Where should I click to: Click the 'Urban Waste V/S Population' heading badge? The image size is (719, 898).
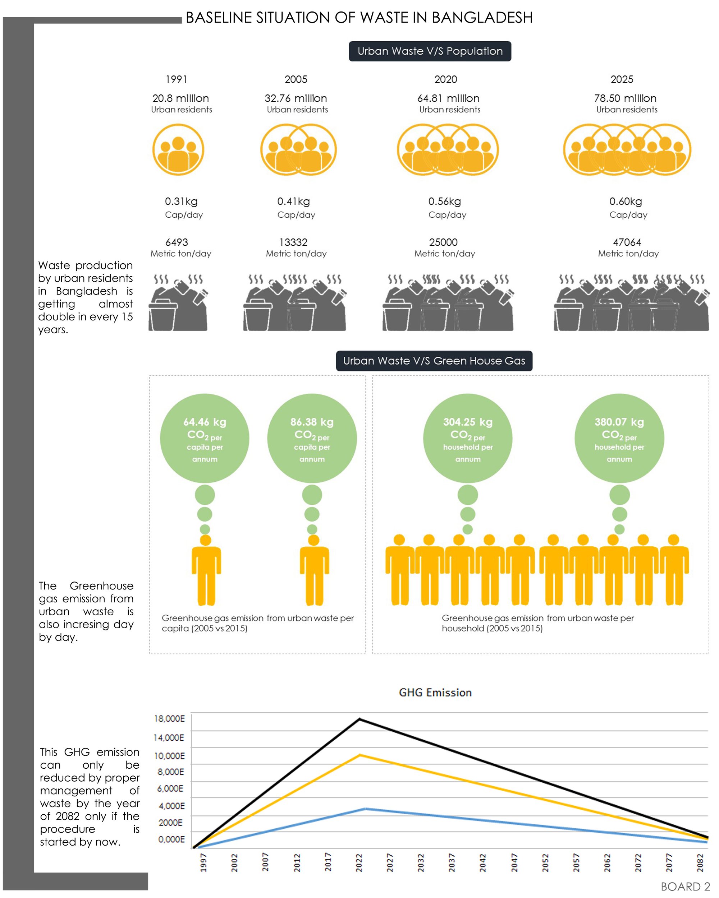coord(430,51)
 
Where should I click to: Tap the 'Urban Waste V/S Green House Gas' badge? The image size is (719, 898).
coord(434,361)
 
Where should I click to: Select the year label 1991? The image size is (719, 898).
coord(176,79)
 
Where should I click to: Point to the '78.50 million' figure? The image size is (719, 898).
coord(625,98)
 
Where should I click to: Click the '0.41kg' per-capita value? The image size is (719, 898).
coord(293,202)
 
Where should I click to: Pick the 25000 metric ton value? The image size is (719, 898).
coord(443,242)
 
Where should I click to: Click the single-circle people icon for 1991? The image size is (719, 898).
coord(178,149)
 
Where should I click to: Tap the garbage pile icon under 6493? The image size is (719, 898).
coord(178,303)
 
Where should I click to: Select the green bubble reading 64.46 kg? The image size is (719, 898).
coord(205,438)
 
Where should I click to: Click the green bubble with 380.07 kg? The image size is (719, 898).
coord(619,438)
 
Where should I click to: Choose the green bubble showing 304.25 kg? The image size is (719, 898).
coord(468,438)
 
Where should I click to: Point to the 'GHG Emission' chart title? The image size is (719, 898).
coord(435,692)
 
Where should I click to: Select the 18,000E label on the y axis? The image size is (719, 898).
coord(169,718)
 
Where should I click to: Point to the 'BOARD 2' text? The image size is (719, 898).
coord(685,887)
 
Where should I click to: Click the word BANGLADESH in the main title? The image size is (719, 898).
coord(482,18)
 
